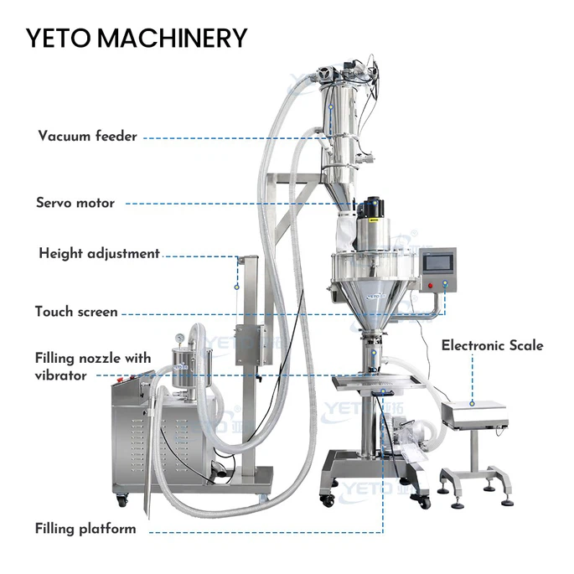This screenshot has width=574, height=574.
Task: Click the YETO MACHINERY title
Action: (x=137, y=38)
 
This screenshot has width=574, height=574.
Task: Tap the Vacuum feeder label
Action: (x=87, y=137)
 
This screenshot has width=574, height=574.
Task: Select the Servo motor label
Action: (x=75, y=203)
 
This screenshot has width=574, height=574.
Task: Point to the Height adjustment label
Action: (x=99, y=253)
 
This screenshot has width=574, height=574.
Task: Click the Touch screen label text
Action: (x=76, y=312)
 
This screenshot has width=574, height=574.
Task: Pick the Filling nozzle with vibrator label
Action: (x=93, y=367)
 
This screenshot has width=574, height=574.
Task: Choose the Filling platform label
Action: (x=85, y=529)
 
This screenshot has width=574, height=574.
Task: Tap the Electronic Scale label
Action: (x=493, y=345)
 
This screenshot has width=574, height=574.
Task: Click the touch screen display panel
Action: (x=437, y=264)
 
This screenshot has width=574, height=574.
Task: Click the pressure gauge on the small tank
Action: (x=179, y=338)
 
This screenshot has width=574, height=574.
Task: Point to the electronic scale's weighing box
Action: (x=474, y=413)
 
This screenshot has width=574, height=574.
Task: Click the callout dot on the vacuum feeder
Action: (x=331, y=107)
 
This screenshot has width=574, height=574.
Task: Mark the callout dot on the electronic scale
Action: (x=473, y=403)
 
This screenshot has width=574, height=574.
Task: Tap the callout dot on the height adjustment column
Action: (x=237, y=287)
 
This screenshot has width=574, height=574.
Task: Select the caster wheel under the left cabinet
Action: (x=122, y=499)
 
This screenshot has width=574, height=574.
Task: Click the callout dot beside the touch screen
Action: (x=446, y=283)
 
